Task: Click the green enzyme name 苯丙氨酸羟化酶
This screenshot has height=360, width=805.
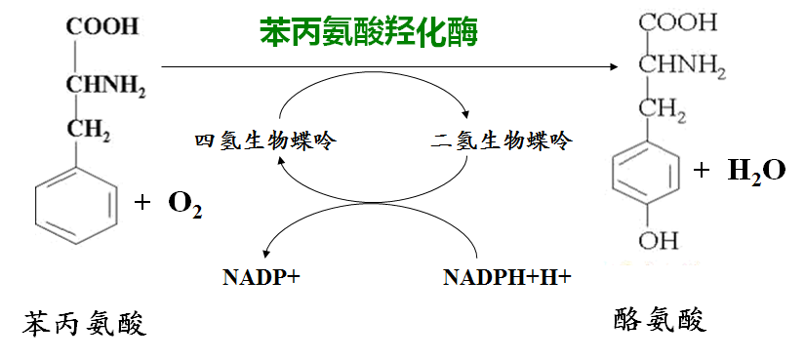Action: click(x=369, y=32)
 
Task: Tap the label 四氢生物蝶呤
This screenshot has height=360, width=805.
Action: click(x=264, y=140)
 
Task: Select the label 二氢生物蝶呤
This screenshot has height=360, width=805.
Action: click(x=501, y=140)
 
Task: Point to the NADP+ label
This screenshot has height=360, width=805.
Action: click(x=262, y=277)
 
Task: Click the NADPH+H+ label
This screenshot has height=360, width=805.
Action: click(x=507, y=277)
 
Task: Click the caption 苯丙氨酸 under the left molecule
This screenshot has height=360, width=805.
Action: click(x=84, y=324)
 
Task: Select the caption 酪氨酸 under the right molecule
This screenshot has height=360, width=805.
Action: click(x=661, y=320)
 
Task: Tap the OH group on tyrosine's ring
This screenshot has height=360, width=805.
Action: click(x=659, y=240)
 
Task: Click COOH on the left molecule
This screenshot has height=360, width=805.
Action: click(x=102, y=26)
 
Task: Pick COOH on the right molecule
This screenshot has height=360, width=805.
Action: click(x=678, y=23)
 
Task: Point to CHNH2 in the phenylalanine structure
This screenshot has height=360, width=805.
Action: click(x=105, y=85)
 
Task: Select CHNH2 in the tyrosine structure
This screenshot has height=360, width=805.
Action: click(x=682, y=66)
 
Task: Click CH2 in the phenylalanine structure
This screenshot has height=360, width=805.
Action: click(x=88, y=130)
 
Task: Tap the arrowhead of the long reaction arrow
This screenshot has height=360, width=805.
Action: click(x=613, y=66)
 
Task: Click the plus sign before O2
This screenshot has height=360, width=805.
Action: click(x=142, y=204)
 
